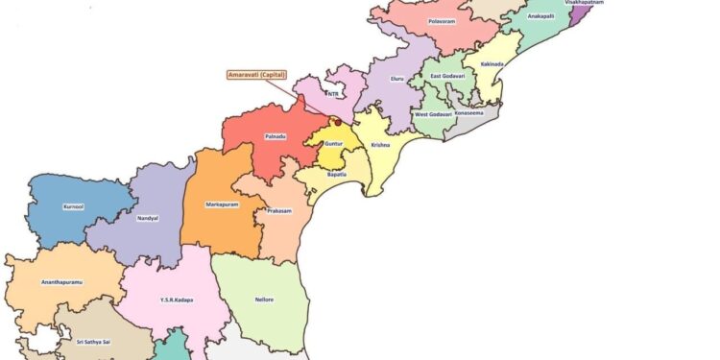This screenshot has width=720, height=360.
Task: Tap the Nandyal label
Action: coord(148,218)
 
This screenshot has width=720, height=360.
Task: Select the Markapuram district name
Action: coord(222,204)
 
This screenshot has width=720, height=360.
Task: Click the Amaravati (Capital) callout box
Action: coord(256,74)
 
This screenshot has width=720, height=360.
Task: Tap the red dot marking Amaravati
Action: coord(337,122)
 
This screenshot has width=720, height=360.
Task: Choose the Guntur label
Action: coord(333,144)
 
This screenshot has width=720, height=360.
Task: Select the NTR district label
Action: coord(333,94)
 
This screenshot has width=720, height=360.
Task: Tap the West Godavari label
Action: coord(434,115)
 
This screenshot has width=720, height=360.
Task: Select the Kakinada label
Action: coord(493,64)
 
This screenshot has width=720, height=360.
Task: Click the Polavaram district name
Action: coord(442,20)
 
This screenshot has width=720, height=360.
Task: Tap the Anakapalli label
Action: coord(540,15)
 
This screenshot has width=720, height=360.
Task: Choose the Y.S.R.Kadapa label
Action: coord(176,300)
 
